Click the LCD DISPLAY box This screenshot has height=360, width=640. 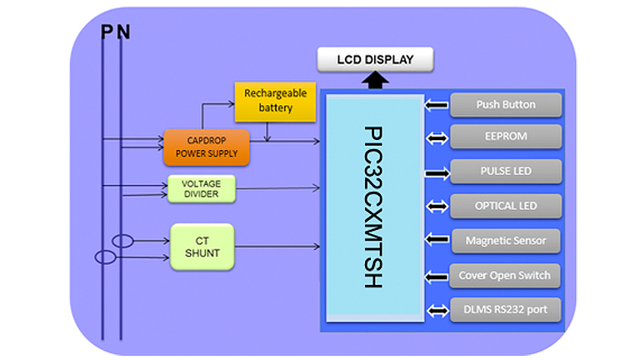coord(375,60)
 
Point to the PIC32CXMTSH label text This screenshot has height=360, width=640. coord(372,207)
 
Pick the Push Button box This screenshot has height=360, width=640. coord(506,105)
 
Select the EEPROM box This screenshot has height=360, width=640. coord(506,137)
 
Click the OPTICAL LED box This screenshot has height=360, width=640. coord(506,206)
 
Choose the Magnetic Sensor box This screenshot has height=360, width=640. coord(506,241)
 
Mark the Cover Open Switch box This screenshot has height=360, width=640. coord(506,276)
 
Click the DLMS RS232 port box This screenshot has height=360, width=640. coord(506,310)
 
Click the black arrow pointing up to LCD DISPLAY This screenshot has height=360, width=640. coord(375,81)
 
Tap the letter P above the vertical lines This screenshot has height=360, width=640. coord(106,32)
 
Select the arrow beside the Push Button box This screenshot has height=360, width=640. coord(436,105)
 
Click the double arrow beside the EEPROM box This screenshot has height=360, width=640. coord(436,137)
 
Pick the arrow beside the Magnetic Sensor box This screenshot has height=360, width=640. coord(436,241)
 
